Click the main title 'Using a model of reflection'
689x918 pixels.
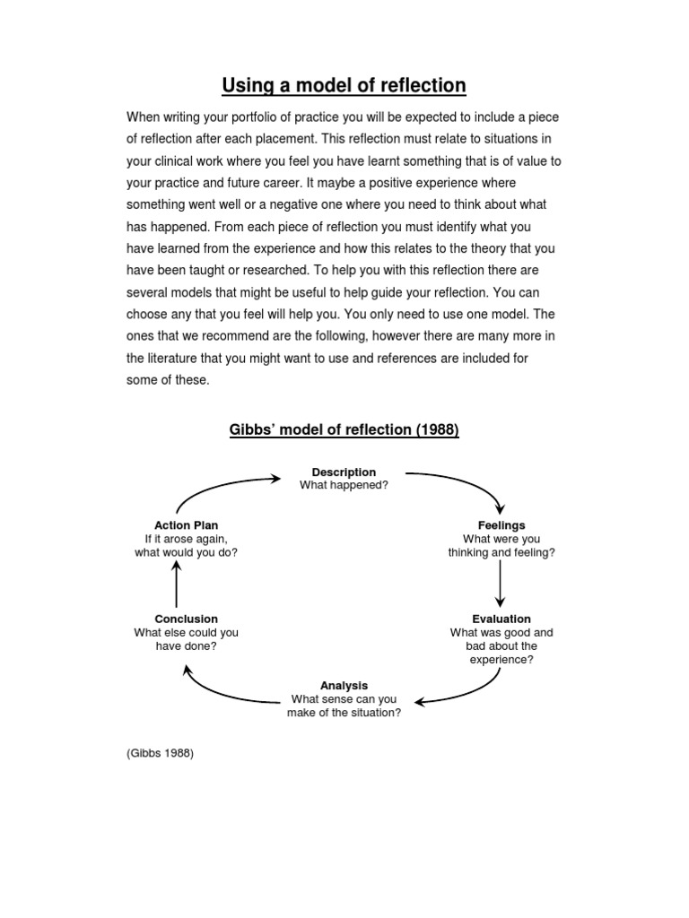(x=344, y=85)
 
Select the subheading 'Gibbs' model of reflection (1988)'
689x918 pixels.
(x=344, y=429)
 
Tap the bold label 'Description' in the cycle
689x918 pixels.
(x=344, y=472)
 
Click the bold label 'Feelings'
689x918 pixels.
(x=501, y=525)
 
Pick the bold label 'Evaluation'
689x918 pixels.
(x=501, y=619)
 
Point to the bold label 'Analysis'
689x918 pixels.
(x=344, y=685)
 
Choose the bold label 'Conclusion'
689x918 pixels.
(x=186, y=619)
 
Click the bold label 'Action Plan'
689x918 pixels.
(x=186, y=525)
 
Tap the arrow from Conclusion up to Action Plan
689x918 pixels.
(x=177, y=585)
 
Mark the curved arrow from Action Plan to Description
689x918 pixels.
(x=224, y=489)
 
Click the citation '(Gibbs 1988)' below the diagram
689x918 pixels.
(x=160, y=753)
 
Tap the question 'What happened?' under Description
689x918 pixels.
(x=344, y=485)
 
